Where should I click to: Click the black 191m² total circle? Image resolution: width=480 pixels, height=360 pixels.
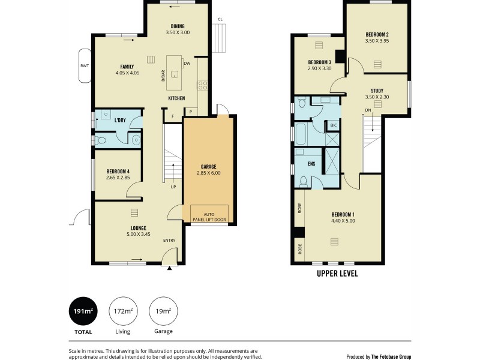pyautogui.click(x=83, y=311)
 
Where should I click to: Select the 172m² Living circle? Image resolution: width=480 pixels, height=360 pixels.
pyautogui.click(x=123, y=311)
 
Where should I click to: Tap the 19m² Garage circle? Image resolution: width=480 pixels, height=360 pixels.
pyautogui.click(x=163, y=311)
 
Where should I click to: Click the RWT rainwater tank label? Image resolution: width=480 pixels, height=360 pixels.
pyautogui.click(x=84, y=65)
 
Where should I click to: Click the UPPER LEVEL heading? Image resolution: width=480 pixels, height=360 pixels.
pyautogui.click(x=337, y=273)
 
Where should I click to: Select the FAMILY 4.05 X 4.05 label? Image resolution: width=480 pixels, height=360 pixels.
pyautogui.click(x=127, y=70)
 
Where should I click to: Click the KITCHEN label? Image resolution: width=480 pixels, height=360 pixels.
pyautogui.click(x=176, y=98)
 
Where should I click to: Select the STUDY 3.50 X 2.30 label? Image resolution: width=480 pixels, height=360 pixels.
pyautogui.click(x=377, y=94)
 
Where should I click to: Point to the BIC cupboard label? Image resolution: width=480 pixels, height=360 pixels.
pyautogui.click(x=333, y=125)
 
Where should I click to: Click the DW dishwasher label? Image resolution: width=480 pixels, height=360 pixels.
pyautogui.click(x=187, y=62)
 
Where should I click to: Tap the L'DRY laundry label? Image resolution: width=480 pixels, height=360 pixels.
pyautogui.click(x=120, y=120)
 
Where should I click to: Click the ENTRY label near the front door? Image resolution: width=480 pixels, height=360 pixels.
pyautogui.click(x=169, y=241)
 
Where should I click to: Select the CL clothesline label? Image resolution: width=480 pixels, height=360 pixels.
pyautogui.click(x=220, y=19)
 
